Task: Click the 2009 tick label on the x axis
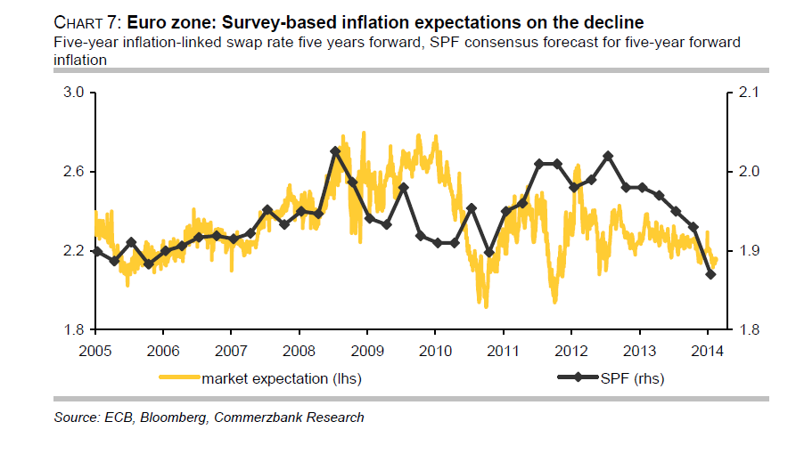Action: click(x=367, y=348)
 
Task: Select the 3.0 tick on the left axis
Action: click(x=73, y=93)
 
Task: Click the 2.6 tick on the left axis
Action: click(x=73, y=172)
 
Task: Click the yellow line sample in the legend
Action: click(x=179, y=378)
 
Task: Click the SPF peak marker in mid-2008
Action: click(x=335, y=151)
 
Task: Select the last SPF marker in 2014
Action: click(x=710, y=274)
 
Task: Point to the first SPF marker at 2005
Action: click(x=97, y=251)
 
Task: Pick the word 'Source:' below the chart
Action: click(x=76, y=417)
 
